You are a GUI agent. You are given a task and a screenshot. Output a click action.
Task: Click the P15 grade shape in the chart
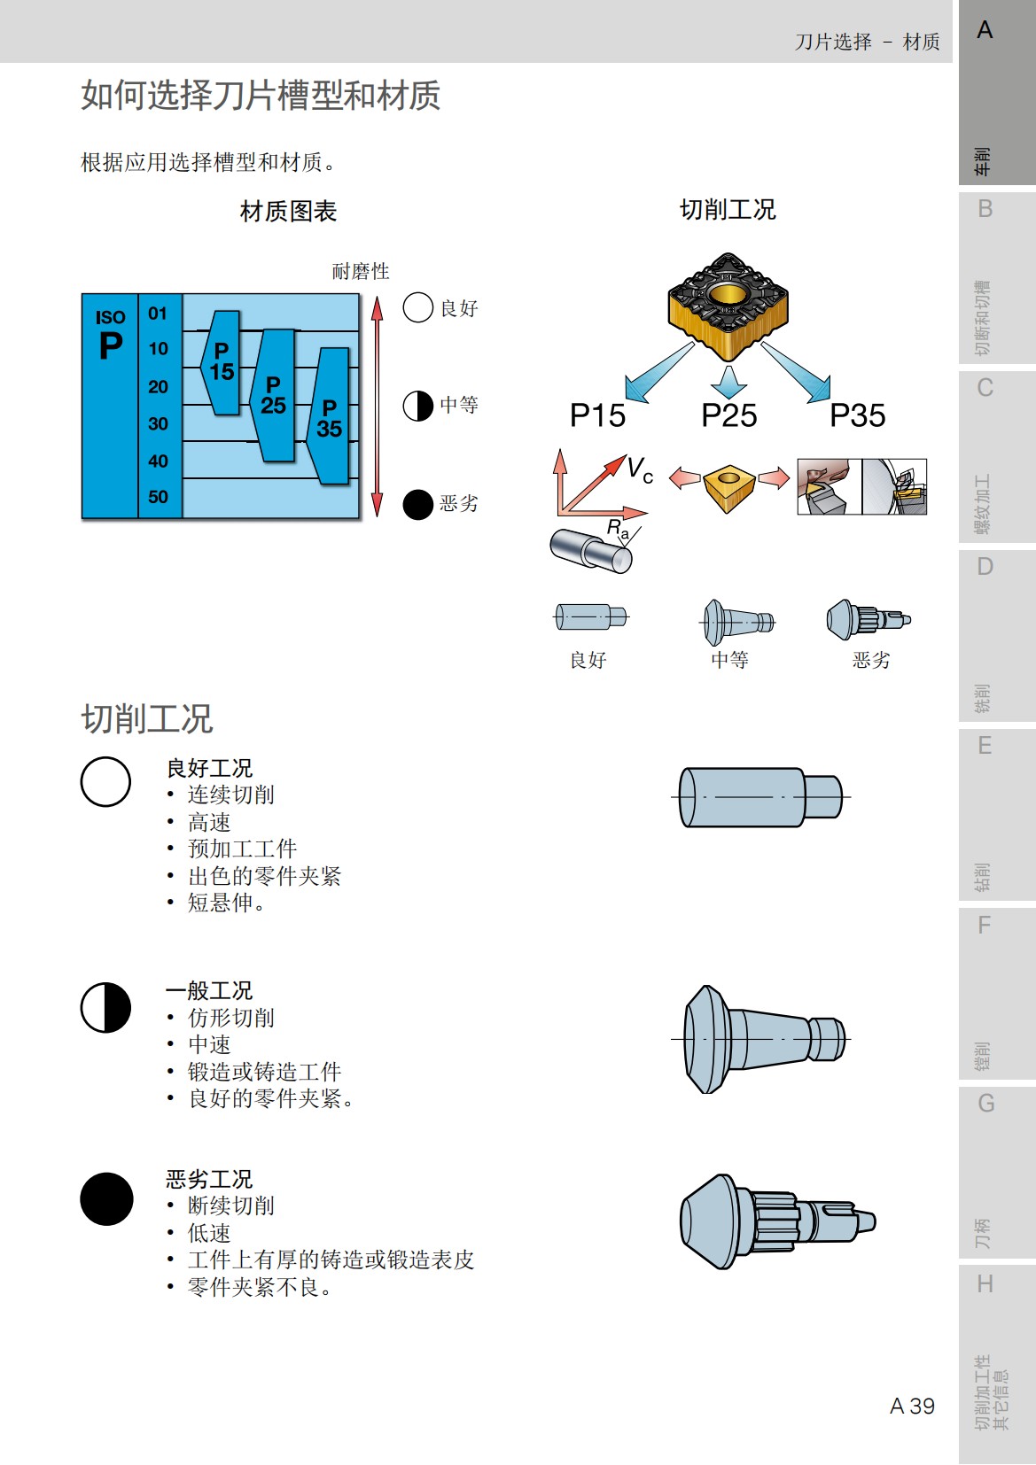[222, 362]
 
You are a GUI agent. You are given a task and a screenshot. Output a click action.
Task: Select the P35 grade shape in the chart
[330, 416]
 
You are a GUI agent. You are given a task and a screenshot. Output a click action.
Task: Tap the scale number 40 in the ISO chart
[159, 461]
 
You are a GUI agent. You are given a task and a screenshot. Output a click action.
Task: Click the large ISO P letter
[111, 345]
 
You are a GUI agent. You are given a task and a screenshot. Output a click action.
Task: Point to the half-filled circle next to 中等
[417, 406]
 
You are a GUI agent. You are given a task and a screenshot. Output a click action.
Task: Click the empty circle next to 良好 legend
[417, 308]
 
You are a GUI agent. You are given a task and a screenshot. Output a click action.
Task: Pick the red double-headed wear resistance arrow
[378, 406]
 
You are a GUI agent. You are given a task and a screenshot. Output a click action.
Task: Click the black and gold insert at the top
[728, 306]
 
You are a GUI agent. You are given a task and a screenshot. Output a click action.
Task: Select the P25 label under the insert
[728, 415]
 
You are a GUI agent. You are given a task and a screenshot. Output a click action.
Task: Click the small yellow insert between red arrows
[728, 484]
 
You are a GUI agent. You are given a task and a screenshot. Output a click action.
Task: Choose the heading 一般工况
[209, 990]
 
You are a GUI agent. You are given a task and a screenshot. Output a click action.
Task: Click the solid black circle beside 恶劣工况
[106, 1198]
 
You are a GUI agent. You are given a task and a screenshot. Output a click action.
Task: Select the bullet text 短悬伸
[222, 903]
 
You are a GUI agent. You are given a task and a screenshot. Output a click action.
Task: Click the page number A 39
[912, 1406]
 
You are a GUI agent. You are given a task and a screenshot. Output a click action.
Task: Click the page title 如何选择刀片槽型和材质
[261, 96]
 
